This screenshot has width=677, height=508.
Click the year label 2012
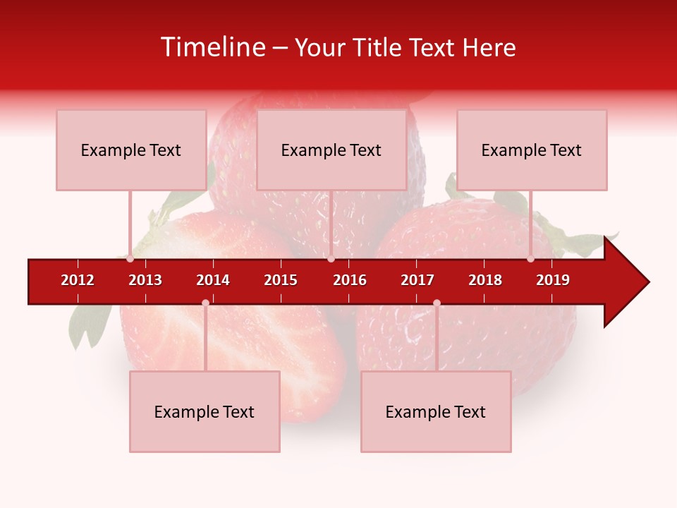click(78, 280)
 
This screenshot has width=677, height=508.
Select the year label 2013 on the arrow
click(145, 280)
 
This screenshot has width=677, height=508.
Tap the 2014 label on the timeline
click(213, 280)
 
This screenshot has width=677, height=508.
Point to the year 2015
click(281, 280)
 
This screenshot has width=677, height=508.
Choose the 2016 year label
click(350, 280)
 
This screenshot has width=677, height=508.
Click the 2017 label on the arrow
click(417, 280)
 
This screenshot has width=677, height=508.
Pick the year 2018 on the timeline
click(485, 280)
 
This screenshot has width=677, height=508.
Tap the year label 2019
click(553, 280)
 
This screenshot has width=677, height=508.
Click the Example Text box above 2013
click(131, 150)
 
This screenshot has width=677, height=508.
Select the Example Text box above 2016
click(331, 150)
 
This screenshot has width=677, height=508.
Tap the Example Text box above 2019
click(532, 150)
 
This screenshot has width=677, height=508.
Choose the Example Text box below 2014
click(205, 412)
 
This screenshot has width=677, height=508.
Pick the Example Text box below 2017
click(436, 412)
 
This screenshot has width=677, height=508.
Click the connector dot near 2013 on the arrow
click(130, 259)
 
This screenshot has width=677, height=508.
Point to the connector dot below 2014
click(205, 303)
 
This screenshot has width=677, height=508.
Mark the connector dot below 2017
click(437, 303)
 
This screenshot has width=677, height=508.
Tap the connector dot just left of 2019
click(531, 259)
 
